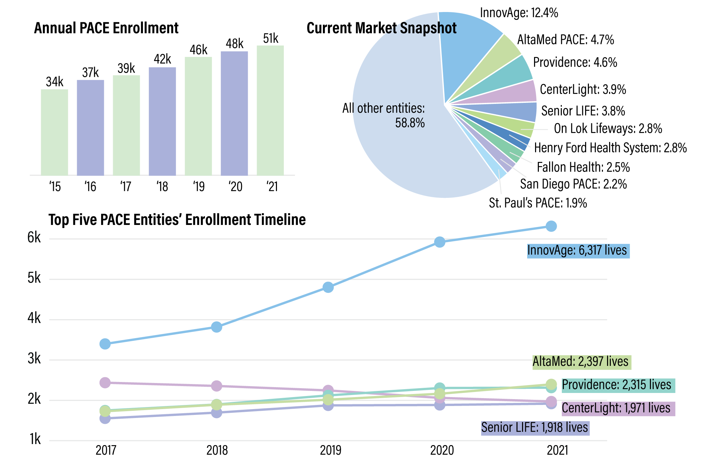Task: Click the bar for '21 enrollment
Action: pos(270,110)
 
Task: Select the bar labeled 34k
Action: pos(55,132)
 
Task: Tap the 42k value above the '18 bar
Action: pos(162,59)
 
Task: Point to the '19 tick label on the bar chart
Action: pos(198,187)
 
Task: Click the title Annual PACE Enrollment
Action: pos(106,28)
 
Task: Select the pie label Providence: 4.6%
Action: pos(575,62)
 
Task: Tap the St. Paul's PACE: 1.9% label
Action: pos(538,203)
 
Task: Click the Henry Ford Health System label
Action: pos(610,148)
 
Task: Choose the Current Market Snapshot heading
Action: pos(381,28)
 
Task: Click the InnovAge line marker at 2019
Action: pos(328,287)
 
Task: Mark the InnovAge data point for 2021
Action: pos(551,226)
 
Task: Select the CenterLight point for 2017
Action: pos(105,382)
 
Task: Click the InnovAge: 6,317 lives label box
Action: pos(578,251)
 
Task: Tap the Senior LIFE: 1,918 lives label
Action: pos(535,428)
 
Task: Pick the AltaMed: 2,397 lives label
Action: pos(581,361)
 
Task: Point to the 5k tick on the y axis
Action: pos(34,278)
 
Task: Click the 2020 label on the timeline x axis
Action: pos(442,450)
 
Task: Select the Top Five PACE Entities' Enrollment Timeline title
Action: pos(177,220)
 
